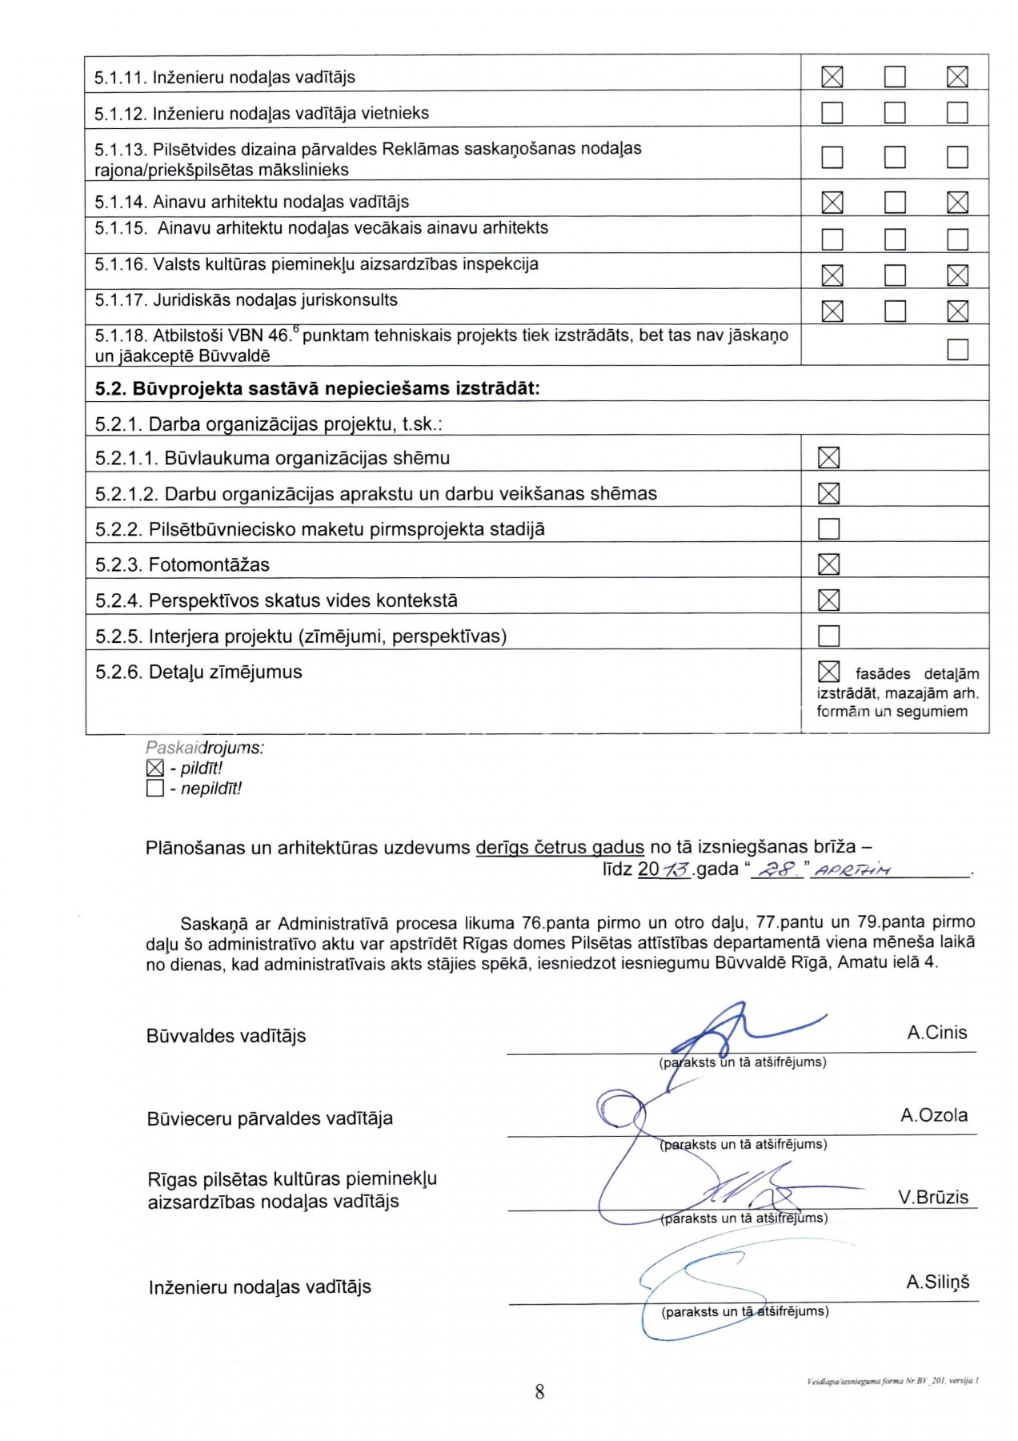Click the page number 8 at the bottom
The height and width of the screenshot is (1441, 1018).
point(539,1392)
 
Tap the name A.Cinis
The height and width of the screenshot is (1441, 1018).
point(936,1033)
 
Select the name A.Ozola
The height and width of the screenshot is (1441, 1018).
point(933,1115)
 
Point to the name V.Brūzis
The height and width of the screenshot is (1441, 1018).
point(932,1198)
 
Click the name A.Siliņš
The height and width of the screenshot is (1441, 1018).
point(937,1282)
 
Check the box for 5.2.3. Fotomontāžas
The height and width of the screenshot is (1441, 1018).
point(829,564)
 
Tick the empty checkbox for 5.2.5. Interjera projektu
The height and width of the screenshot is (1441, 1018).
point(829,636)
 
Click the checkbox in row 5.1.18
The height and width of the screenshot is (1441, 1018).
point(957,350)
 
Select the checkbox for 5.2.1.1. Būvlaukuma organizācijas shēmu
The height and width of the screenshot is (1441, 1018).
point(829,458)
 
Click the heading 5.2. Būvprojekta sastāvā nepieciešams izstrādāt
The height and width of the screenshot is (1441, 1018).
point(317,389)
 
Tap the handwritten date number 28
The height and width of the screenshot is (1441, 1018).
point(775,870)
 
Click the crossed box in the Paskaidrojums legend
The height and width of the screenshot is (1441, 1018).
point(155,769)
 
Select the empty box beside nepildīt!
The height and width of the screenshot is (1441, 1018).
point(155,789)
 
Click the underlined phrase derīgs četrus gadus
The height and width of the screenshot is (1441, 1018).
point(559,848)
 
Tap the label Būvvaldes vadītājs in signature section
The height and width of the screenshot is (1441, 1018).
point(226,1036)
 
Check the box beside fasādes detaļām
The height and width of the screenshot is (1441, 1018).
point(829,672)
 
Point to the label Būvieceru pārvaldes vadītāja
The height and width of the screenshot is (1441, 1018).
point(270,1118)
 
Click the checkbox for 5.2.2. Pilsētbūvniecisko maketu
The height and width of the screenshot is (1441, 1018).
point(829,529)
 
